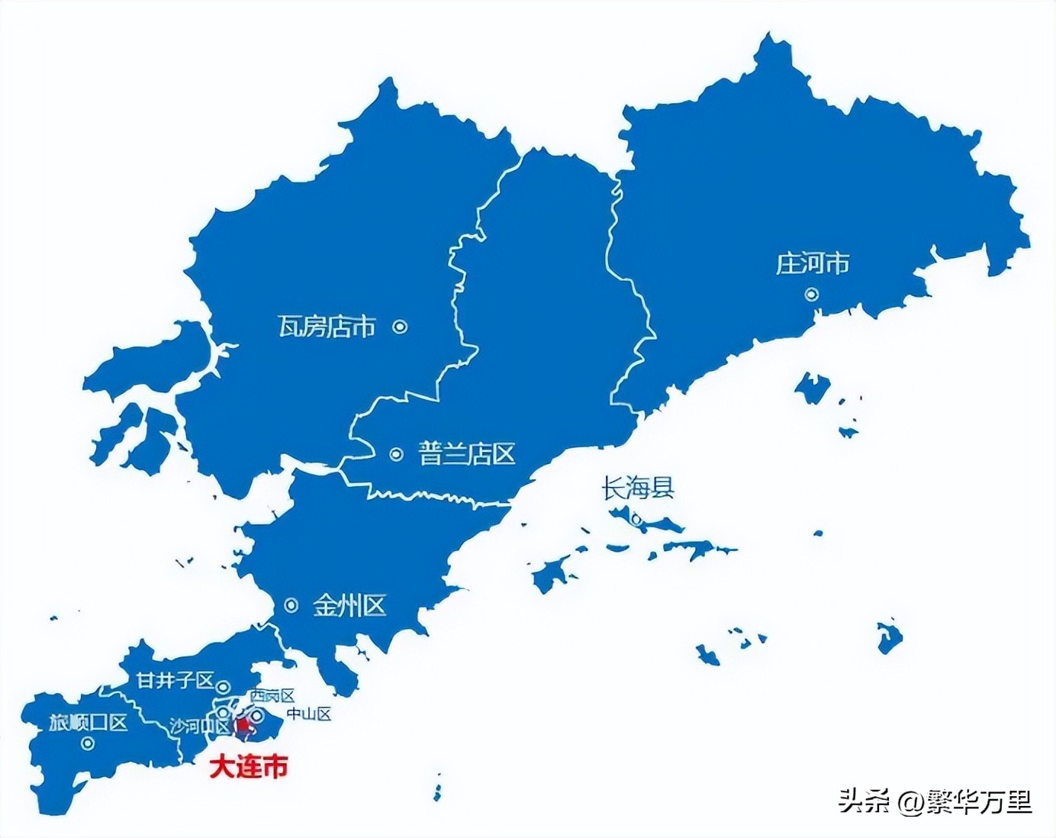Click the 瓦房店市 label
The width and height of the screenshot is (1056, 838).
[327, 327]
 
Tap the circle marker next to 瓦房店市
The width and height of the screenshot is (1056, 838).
[400, 327]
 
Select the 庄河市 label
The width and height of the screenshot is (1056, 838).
[813, 264]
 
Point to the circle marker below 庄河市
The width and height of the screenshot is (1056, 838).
[812, 294]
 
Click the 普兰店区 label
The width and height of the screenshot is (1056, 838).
[467, 454]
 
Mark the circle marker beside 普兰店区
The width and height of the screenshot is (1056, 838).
[396, 454]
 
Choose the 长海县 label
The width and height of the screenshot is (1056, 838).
[638, 488]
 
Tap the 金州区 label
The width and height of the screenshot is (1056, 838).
[349, 606]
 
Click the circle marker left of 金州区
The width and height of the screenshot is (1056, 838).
[291, 605]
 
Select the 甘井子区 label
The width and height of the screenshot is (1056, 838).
[175, 680]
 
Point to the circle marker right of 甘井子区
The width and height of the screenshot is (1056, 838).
[224, 685]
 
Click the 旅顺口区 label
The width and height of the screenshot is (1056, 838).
[88, 722]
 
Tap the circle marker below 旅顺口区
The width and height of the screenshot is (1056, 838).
[88, 743]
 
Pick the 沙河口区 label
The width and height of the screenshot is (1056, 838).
[198, 726]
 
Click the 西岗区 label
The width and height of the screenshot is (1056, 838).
[272, 695]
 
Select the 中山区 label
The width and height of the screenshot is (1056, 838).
[309, 714]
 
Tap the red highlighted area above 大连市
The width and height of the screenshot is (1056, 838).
[241, 728]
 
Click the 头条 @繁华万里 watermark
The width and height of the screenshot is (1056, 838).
[935, 801]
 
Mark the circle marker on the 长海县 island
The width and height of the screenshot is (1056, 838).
[636, 521]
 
